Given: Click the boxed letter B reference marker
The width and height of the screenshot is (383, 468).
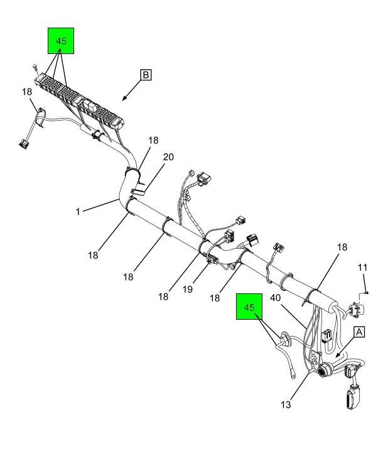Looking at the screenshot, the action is [146, 75].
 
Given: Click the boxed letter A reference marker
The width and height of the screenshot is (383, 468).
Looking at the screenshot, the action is [359, 332].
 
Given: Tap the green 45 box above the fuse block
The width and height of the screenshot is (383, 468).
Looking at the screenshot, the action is [61, 41].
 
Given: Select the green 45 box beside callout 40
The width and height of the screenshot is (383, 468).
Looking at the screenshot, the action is [249, 307].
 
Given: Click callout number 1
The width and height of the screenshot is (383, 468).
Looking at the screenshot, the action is [78, 212].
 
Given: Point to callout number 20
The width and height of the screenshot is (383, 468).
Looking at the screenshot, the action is [168, 157].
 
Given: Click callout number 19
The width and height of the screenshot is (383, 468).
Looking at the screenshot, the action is [188, 289].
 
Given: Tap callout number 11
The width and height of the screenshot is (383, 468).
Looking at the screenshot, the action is [362, 268].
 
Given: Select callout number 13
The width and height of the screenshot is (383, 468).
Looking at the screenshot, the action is [286, 405].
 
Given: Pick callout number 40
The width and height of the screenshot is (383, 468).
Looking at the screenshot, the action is [275, 298].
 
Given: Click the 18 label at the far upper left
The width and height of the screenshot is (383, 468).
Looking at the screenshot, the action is [27, 92].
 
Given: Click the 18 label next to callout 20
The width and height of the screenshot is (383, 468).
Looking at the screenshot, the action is [153, 140].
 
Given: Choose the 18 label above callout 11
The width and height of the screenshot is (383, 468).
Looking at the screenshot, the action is [342, 247].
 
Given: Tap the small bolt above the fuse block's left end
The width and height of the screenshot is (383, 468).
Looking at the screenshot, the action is [35, 67].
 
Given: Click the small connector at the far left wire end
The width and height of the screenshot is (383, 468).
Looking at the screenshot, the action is [24, 144].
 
